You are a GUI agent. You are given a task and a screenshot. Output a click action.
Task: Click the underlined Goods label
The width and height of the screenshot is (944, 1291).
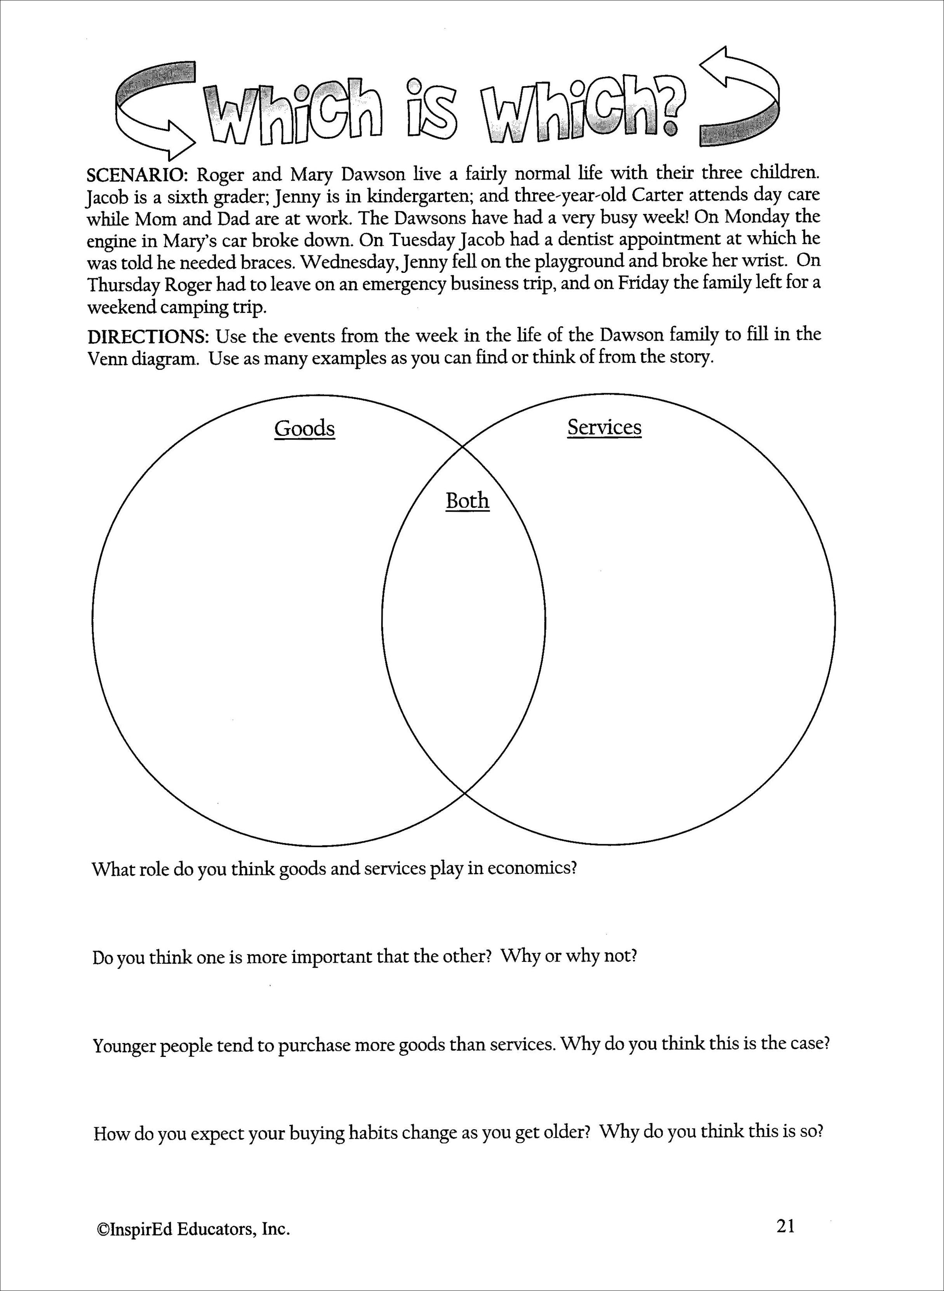pyautogui.click(x=304, y=429)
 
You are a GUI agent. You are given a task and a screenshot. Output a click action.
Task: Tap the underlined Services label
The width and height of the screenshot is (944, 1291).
pyautogui.click(x=604, y=427)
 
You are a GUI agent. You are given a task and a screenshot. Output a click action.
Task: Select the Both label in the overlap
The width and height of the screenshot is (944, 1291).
pyautogui.click(x=468, y=501)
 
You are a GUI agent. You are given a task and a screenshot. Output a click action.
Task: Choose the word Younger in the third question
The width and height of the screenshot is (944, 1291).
pyautogui.click(x=124, y=1045)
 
